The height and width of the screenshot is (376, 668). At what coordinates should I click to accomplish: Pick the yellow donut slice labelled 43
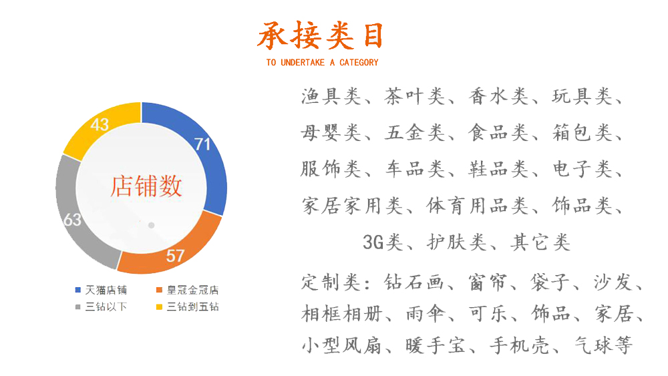(x=100, y=125)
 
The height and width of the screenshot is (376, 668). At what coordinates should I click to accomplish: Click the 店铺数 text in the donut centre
(x=146, y=186)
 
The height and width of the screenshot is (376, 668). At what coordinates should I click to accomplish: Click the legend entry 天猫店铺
(x=102, y=290)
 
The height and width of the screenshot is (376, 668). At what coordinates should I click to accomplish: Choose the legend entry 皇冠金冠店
(x=188, y=290)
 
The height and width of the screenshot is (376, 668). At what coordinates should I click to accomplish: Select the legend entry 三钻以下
(x=102, y=307)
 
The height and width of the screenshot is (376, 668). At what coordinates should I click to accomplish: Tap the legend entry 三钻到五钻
(x=188, y=307)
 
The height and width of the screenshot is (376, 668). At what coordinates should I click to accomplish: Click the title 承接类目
(x=321, y=35)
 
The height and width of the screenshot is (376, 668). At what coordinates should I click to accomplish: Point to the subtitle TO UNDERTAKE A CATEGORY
(x=322, y=63)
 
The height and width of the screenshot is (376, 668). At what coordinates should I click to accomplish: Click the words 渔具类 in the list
(x=331, y=97)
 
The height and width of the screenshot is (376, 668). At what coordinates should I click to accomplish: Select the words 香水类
(x=498, y=97)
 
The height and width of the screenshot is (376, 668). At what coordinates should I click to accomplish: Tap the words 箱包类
(x=582, y=133)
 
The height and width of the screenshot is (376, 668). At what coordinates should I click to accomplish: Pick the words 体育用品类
(x=477, y=206)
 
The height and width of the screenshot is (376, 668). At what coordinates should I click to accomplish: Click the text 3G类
(x=383, y=242)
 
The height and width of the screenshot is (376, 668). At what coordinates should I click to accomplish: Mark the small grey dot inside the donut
(x=151, y=225)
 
